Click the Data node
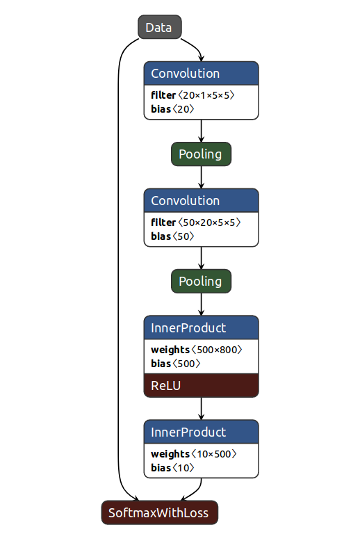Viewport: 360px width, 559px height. (x=160, y=26)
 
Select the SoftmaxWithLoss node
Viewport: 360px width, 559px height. (x=160, y=512)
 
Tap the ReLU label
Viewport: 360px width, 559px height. (x=165, y=385)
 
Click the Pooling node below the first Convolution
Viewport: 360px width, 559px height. (x=201, y=154)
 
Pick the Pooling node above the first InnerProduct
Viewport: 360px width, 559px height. (x=201, y=282)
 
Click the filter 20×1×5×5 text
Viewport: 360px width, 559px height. (x=193, y=95)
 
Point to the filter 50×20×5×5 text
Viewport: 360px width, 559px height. (x=196, y=222)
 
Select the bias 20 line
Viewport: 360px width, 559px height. (x=172, y=108)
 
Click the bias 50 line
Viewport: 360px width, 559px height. (x=172, y=236)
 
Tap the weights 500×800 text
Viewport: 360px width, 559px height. (x=197, y=350)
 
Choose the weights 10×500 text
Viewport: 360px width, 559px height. (x=193, y=454)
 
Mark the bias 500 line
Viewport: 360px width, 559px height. (x=176, y=363)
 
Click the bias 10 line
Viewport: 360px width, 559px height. (x=172, y=467)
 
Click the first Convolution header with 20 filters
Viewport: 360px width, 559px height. (x=201, y=74)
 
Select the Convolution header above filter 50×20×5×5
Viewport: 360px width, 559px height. (x=201, y=201)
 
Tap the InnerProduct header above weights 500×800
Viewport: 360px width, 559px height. (x=201, y=327)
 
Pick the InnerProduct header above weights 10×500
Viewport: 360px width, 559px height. (x=201, y=432)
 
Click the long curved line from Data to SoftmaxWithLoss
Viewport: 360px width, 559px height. (x=118, y=268)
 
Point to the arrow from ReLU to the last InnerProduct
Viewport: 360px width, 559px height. (x=201, y=409)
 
